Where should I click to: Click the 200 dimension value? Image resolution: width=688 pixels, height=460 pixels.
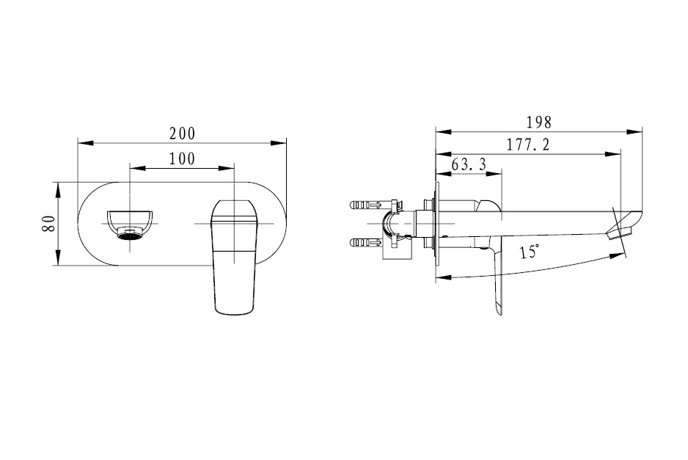tap(182, 134)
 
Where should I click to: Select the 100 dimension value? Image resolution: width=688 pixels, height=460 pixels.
tap(182, 159)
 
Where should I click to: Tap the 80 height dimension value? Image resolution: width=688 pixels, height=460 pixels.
tap(48, 224)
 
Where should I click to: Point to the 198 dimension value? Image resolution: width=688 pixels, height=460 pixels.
tap(538, 123)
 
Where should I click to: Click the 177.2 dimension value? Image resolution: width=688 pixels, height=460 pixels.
tap(528, 145)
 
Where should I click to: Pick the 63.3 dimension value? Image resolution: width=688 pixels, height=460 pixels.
tap(469, 164)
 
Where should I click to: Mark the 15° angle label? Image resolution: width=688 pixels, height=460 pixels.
tap(530, 252)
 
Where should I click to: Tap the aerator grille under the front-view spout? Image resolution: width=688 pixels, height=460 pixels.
tap(130, 236)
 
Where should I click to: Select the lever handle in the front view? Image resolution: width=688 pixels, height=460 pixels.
tap(234, 258)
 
